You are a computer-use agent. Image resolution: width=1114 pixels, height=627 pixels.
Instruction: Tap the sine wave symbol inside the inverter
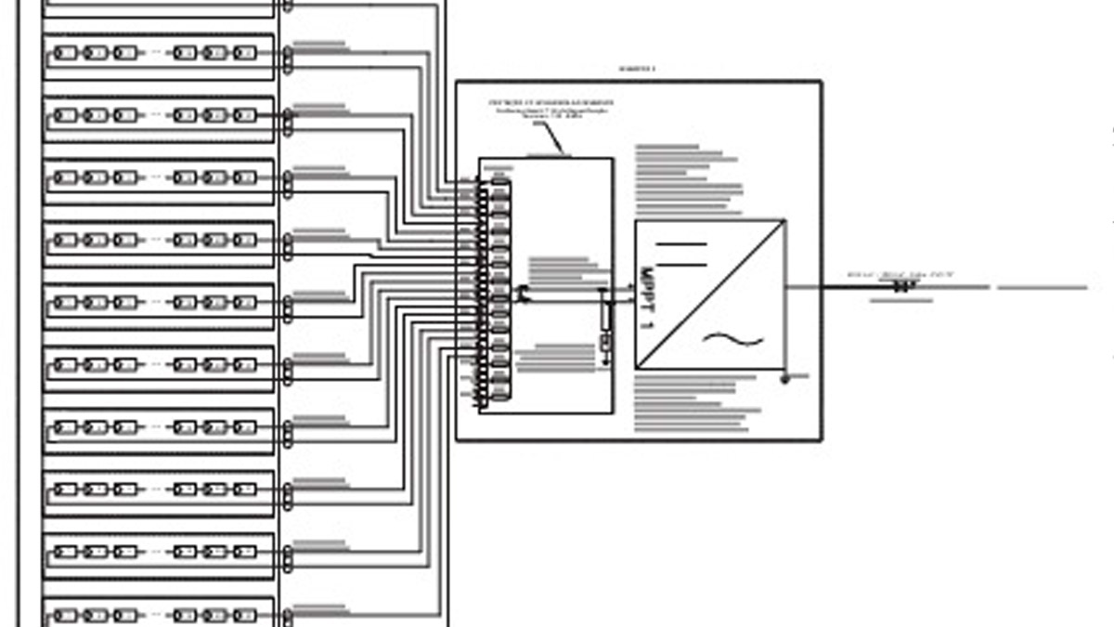tap(732, 340)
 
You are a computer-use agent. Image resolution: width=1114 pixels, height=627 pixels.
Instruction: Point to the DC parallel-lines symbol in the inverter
tap(681, 255)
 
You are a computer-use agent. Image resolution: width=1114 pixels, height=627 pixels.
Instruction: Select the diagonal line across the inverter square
tap(710, 294)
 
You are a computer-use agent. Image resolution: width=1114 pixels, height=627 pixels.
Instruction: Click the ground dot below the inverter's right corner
tap(784, 379)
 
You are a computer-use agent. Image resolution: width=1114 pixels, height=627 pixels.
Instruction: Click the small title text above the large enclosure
tap(637, 69)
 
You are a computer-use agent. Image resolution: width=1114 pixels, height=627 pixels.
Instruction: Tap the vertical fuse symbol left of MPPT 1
tap(605, 317)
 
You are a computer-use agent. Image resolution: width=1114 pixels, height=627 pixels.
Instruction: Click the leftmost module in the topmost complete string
tap(65, 53)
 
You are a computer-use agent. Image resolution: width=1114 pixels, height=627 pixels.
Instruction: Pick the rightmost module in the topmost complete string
tap(244, 53)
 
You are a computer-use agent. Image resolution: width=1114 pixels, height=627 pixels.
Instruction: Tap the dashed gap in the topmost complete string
tap(155, 53)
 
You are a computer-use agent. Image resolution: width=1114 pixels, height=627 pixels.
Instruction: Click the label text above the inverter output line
tap(900, 275)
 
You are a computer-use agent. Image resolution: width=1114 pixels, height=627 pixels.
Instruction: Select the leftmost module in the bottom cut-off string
tap(65, 615)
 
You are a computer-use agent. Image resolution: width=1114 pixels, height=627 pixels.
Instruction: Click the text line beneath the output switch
tap(900, 300)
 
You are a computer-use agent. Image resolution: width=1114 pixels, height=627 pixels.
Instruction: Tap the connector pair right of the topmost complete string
tap(288, 59)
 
